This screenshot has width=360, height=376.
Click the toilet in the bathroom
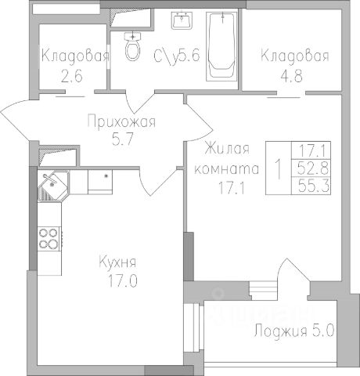[133, 46]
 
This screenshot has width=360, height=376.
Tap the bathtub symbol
[222, 46]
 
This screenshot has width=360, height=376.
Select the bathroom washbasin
[182, 20]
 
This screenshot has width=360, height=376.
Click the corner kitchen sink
[53, 186]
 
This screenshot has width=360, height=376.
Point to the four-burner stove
[49, 239]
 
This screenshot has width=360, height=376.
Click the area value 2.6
[71, 76]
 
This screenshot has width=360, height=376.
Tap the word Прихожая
[121, 121]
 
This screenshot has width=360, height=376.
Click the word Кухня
[117, 262]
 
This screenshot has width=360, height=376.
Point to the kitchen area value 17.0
[123, 281]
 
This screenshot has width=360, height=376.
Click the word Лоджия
[280, 331]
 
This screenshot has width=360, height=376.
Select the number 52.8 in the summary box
[313, 168]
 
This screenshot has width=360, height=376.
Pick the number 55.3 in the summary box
[314, 186]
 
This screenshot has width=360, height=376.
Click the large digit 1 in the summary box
[279, 168]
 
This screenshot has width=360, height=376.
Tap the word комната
[227, 169]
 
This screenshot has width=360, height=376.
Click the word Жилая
[227, 148]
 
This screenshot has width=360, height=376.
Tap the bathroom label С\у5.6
[177, 56]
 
